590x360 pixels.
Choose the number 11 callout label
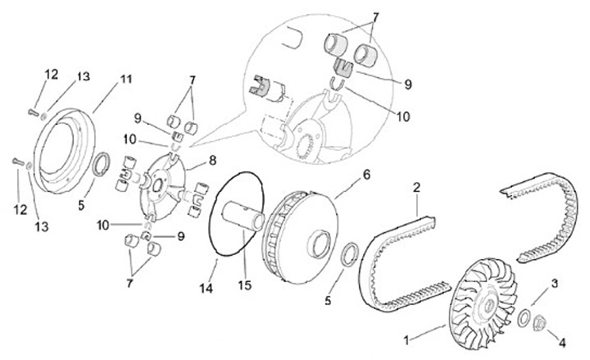[x=125, y=80]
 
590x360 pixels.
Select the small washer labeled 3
[x=524, y=316]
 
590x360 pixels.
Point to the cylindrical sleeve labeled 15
[x=246, y=217]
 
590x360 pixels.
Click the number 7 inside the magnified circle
[x=376, y=17]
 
